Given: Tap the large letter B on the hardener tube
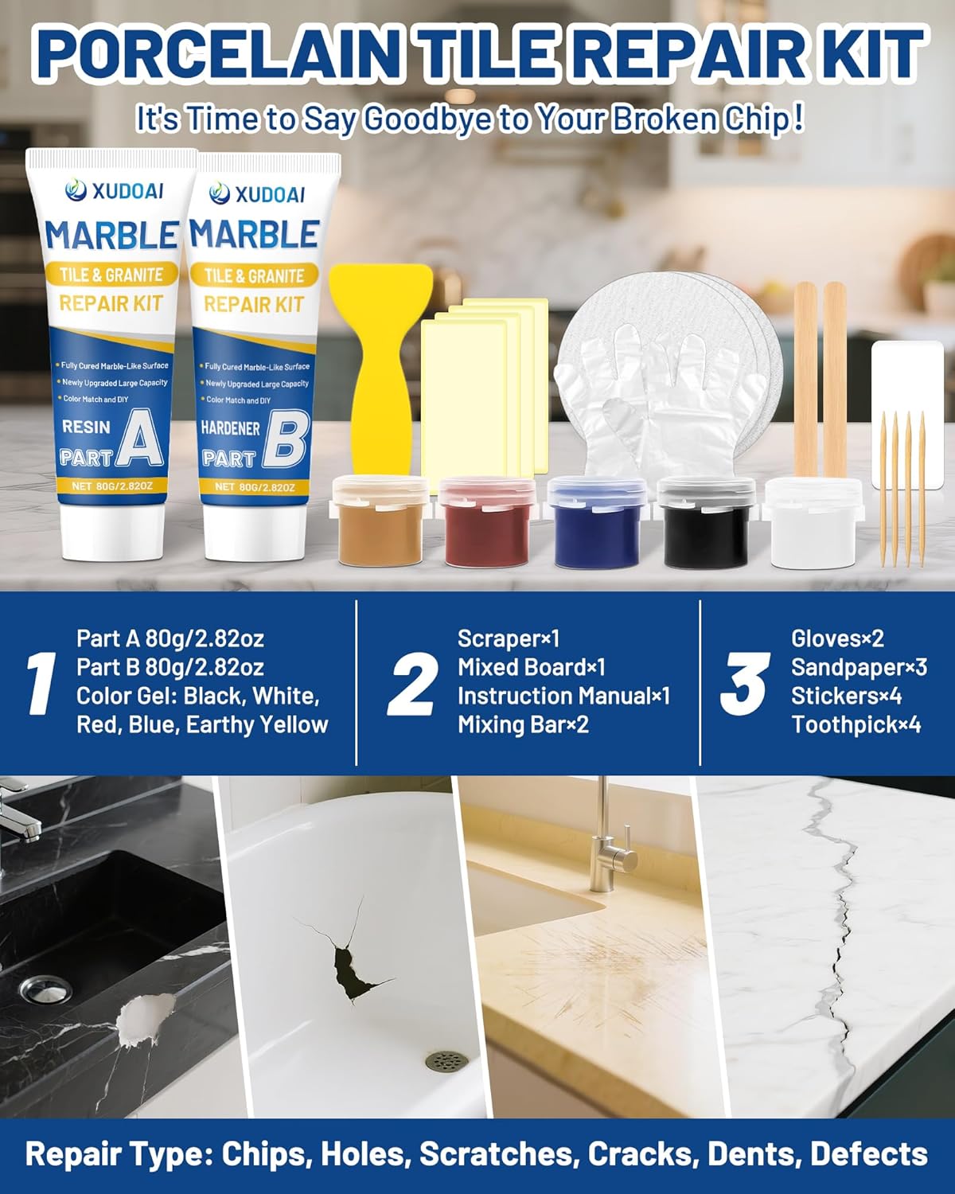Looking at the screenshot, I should (x=284, y=440).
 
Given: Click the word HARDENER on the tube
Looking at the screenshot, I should (x=230, y=428).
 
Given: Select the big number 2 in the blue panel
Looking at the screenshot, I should (x=412, y=684).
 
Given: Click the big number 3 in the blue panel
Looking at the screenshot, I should (x=744, y=684).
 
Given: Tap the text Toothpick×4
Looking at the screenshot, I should (x=856, y=724).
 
